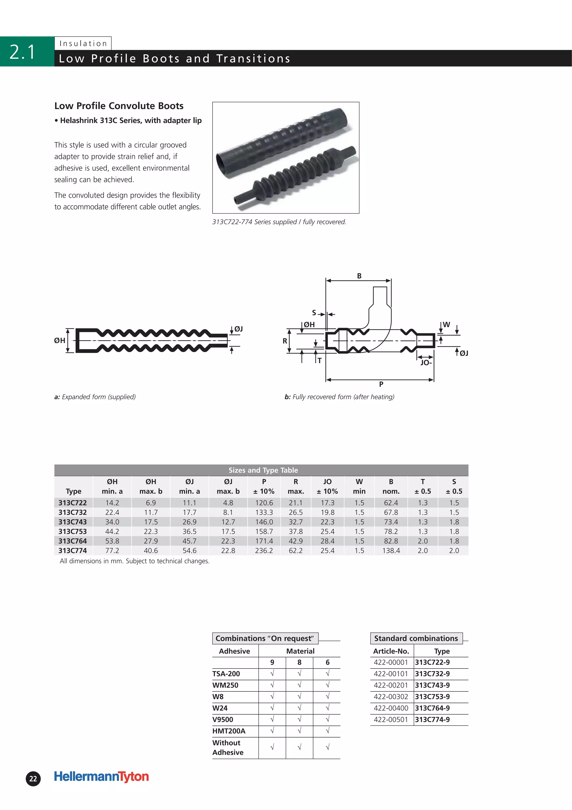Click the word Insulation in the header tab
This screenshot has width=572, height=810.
(x=83, y=43)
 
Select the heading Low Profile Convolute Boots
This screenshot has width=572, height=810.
(x=119, y=106)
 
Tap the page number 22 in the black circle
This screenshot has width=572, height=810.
(x=33, y=779)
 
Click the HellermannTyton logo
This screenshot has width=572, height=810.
(x=101, y=776)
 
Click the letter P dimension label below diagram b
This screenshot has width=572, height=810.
(x=381, y=384)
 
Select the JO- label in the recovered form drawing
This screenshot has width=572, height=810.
(x=426, y=363)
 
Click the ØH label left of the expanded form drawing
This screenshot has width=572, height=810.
(x=59, y=341)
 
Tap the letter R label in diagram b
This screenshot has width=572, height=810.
(x=285, y=341)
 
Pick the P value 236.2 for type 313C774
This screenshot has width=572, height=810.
(x=264, y=550)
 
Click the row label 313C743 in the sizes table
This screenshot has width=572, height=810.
(x=73, y=522)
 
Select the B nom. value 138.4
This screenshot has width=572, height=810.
(x=391, y=550)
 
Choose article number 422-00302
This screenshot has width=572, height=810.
(x=391, y=697)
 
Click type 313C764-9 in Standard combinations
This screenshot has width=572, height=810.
(x=432, y=708)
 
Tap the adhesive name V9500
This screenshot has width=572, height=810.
(x=223, y=720)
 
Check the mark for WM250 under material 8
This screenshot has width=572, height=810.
(x=299, y=685)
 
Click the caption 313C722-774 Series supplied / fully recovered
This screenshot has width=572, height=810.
(x=279, y=222)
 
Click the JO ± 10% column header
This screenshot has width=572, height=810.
(x=327, y=486)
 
